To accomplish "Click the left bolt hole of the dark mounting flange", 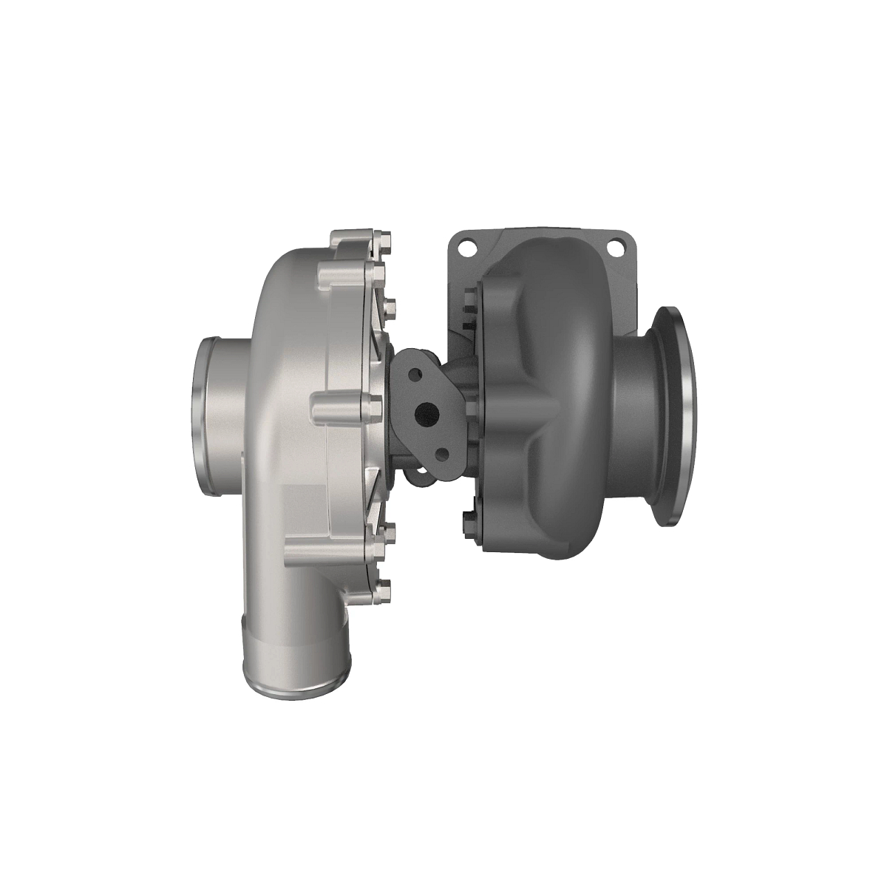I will pyautogui.click(x=466, y=248).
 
